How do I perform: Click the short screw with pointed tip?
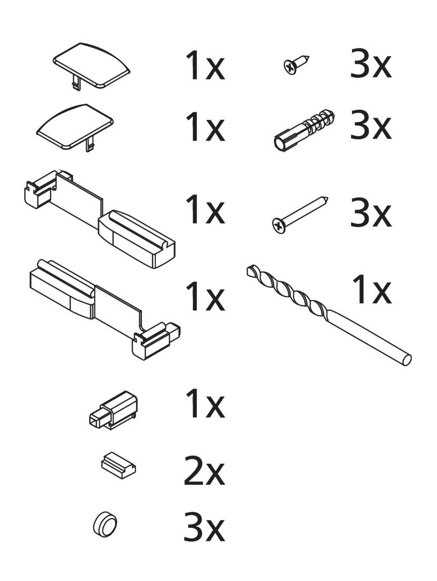click(296, 65)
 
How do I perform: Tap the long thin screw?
click(300, 215)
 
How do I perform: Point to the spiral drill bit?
click(329, 315)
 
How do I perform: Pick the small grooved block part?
click(118, 464)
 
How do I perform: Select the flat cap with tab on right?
click(74, 127)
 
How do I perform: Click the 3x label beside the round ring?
click(204, 527)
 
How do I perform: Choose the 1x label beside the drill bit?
click(371, 289)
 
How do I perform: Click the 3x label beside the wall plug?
click(371, 125)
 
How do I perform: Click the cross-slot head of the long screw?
click(279, 226)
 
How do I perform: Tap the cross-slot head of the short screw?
click(290, 67)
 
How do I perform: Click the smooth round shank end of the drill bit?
click(406, 360)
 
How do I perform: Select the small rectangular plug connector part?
click(113, 410)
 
